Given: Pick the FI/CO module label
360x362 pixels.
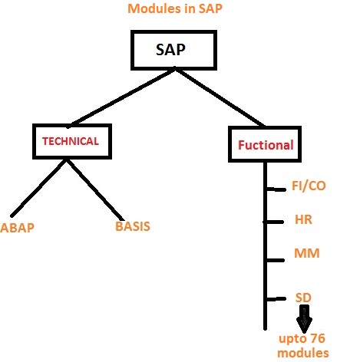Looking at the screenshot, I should tap(310, 186).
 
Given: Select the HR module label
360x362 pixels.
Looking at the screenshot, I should tap(302, 219).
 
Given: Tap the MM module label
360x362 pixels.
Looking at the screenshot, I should tap(306, 253).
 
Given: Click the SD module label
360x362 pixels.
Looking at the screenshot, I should tap(302, 296).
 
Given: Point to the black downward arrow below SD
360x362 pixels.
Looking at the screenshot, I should tap(305, 318).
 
